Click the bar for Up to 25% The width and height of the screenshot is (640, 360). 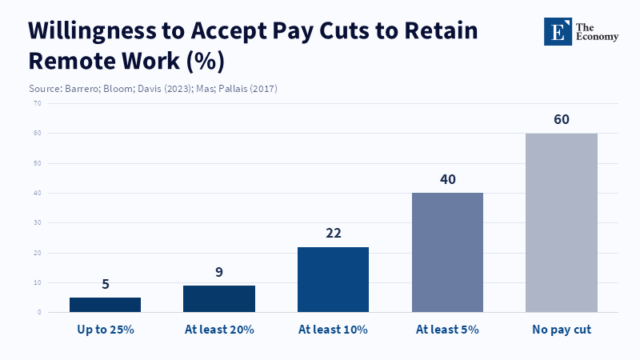(x=105, y=305)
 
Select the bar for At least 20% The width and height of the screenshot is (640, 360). (x=219, y=298)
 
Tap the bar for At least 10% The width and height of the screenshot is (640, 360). (x=333, y=279)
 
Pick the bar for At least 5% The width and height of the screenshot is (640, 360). (x=447, y=252)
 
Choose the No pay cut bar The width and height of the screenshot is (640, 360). (x=562, y=222)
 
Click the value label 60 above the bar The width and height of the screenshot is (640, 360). (x=562, y=120)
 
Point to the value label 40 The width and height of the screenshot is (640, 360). (x=447, y=179)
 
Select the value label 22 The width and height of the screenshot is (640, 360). (x=333, y=234)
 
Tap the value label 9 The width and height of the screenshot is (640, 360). (x=219, y=272)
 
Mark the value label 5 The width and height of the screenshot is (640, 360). (x=105, y=284)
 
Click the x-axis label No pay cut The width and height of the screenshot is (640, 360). (x=562, y=330)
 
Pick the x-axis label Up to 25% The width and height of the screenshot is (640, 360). (x=105, y=330)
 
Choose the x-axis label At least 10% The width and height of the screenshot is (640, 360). (x=333, y=330)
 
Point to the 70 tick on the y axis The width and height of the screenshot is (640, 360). (x=38, y=103)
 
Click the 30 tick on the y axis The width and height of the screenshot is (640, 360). (x=38, y=223)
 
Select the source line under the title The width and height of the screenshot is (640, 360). (x=153, y=88)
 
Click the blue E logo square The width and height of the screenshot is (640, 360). (x=558, y=30)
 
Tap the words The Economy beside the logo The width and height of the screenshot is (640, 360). (x=596, y=30)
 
